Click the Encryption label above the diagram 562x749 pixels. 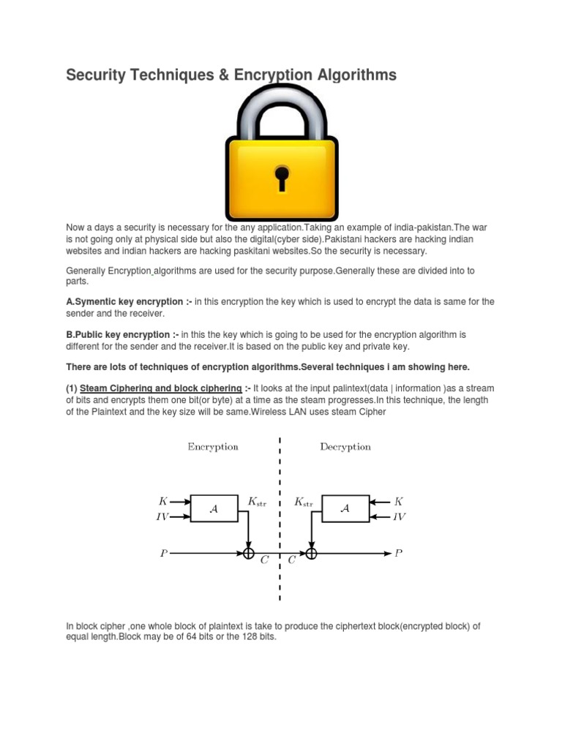pos(213,447)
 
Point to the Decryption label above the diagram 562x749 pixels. pos(345,447)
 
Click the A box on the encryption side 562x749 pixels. pos(214,508)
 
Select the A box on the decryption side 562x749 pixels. pos(345,508)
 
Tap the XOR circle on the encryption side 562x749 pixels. pos(249,554)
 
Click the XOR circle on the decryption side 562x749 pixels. pos(312,554)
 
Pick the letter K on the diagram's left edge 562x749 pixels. pos(162,502)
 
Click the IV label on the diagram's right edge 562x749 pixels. pos(400,516)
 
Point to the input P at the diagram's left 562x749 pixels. pos(163,554)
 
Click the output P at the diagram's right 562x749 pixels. pos(399,554)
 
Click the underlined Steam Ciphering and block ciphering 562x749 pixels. pos(160,388)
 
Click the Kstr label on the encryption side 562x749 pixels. pos(258,502)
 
